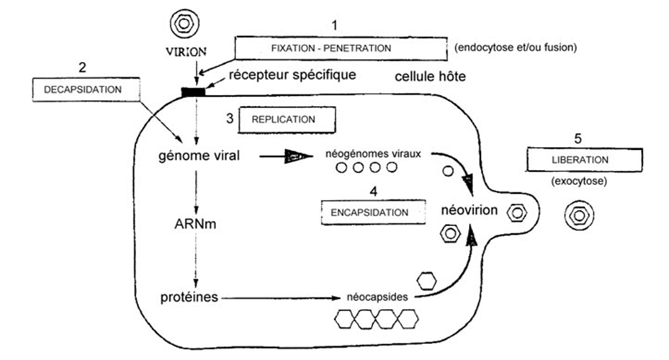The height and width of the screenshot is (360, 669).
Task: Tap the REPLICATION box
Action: pyautogui.click(x=287, y=119)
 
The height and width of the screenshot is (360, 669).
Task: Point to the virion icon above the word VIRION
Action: pyautogui.click(x=185, y=23)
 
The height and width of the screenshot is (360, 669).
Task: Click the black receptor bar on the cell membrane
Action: pyautogui.click(x=194, y=91)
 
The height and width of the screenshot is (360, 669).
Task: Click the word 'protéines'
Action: pyautogui.click(x=186, y=296)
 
